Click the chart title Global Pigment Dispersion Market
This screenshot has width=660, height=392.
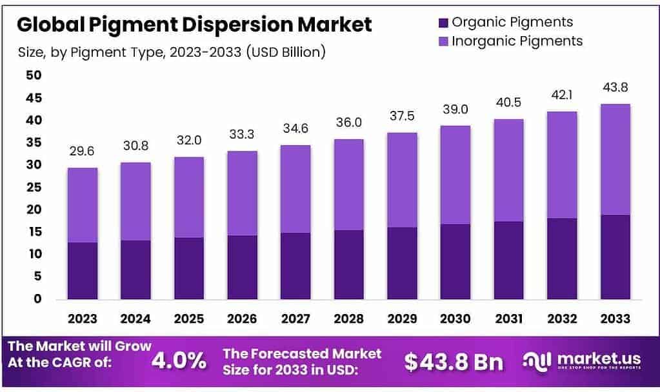(194, 24)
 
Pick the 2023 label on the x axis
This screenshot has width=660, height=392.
(82, 318)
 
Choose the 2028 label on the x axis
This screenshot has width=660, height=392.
(348, 318)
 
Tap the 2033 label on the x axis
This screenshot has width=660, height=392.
(615, 318)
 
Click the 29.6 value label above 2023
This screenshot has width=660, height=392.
(82, 152)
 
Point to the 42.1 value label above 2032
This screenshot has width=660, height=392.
(561, 95)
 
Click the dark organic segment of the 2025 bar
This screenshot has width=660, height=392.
(188, 268)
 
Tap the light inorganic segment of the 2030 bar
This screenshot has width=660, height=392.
(455, 175)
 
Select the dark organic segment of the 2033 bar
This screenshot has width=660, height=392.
(615, 257)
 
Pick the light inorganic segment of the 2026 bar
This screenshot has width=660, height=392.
(242, 193)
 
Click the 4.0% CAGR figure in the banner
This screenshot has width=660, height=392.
(179, 360)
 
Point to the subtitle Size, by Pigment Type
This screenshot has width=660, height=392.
(172, 52)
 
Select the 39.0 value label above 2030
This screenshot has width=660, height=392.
(455, 110)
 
